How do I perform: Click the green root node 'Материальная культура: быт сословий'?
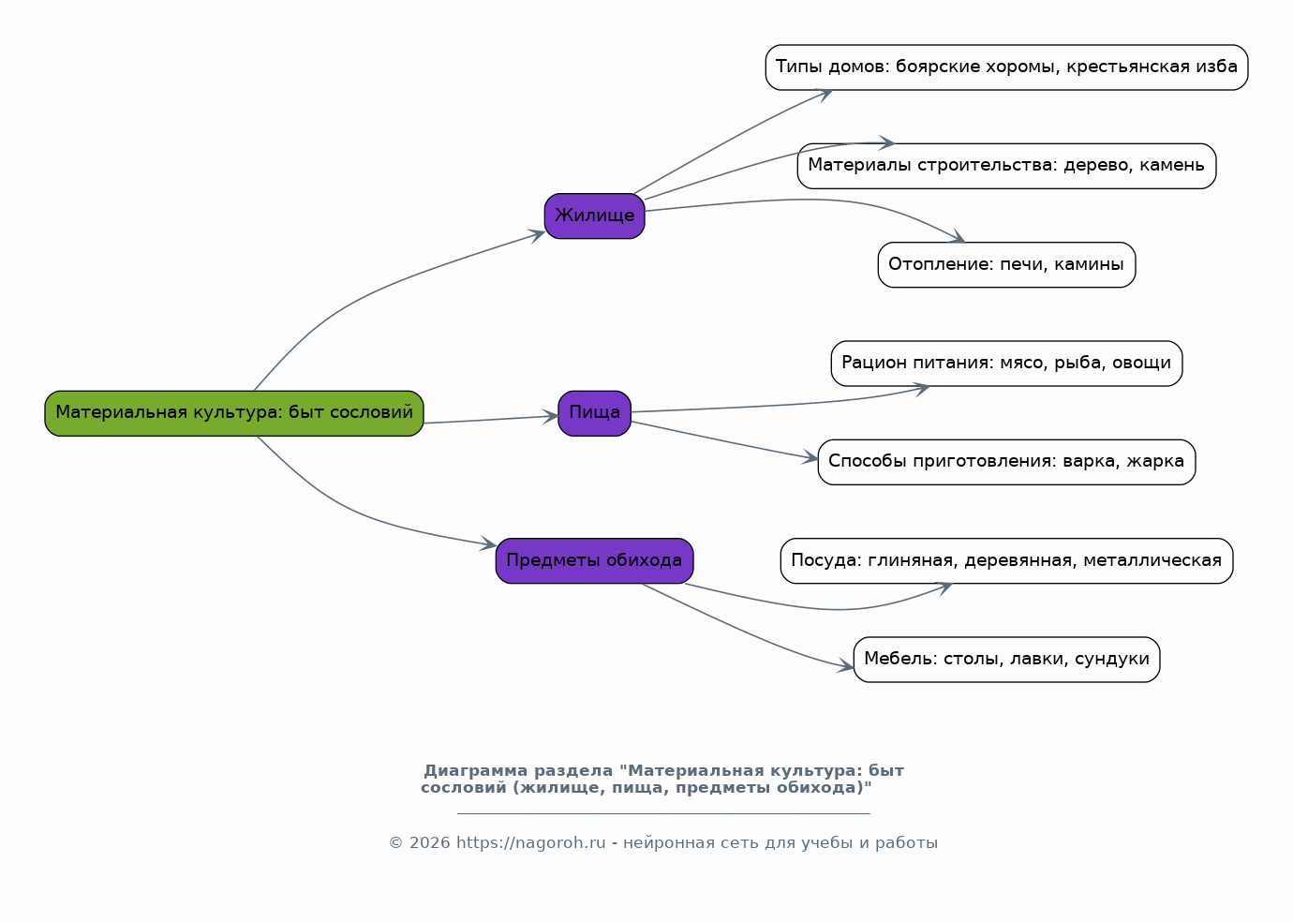[234, 413]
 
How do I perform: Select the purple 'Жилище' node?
[595, 216]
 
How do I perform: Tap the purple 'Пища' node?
[595, 413]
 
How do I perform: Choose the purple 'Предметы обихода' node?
[595, 560]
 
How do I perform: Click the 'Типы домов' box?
[1006, 67]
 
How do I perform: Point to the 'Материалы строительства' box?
[1006, 166]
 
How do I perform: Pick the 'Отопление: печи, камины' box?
[1006, 264]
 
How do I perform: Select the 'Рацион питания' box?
[1006, 364]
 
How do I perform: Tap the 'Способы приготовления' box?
[1006, 462]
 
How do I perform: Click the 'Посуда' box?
[1006, 560]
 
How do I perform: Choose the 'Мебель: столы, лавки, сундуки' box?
[1006, 660]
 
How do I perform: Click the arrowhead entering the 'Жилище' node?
[538, 235]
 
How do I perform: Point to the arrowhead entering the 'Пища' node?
[551, 416]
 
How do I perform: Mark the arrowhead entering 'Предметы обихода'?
[488, 543]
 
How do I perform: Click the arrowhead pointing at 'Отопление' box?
[958, 237]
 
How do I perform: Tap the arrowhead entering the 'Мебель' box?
[846, 667]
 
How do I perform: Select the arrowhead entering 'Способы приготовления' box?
[810, 458]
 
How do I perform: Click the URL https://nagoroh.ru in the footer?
[530, 843]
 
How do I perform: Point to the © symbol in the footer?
[395, 843]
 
